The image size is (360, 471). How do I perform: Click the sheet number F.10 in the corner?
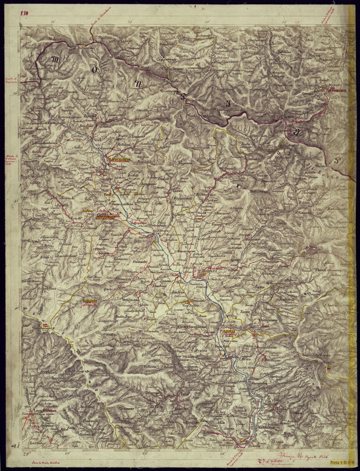[x=25, y=12]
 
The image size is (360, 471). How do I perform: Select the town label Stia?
[x=98, y=141]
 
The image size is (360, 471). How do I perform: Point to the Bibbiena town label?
[x=209, y=271]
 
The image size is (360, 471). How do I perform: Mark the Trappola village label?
[x=56, y=379]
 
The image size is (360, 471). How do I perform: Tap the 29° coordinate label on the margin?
[x=25, y=453]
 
